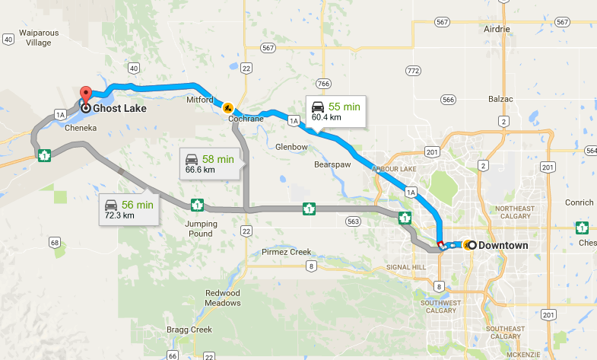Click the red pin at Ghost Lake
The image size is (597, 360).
(x=85, y=96)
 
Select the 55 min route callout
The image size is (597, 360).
(x=335, y=112)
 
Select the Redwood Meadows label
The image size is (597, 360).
(x=223, y=298)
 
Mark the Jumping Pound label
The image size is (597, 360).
(x=201, y=228)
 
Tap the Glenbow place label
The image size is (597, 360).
(x=291, y=147)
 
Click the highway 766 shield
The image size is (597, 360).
(x=323, y=83)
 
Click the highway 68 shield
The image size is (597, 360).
(x=53, y=242)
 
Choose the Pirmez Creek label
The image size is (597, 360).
(x=286, y=252)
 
